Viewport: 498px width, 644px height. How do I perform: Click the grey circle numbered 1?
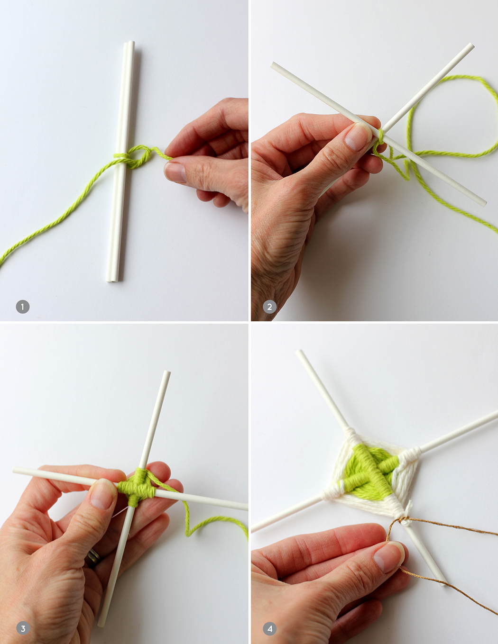pyautogui.click(x=23, y=307)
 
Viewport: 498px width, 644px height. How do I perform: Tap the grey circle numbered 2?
pyautogui.click(x=269, y=307)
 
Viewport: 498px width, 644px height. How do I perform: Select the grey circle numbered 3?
pyautogui.click(x=23, y=628)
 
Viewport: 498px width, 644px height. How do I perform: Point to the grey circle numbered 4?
pyautogui.click(x=269, y=628)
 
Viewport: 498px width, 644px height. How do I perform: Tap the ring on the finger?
pyautogui.click(x=93, y=558)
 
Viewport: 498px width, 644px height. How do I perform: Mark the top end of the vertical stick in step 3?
pyautogui.click(x=167, y=372)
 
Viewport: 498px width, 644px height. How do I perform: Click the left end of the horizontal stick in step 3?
pyautogui.click(x=15, y=470)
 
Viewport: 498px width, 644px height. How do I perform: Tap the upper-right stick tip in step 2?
pyautogui.click(x=471, y=45)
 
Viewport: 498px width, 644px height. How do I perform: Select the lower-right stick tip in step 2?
pyautogui.click(x=484, y=204)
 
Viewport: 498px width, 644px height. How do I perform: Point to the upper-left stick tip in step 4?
pyautogui.click(x=299, y=352)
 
